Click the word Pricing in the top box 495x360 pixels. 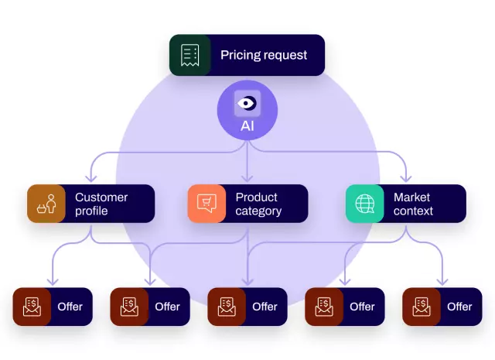pyautogui.click(x=239, y=55)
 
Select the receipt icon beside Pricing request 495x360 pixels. pyautogui.click(x=190, y=55)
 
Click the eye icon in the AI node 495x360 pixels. pyautogui.click(x=247, y=102)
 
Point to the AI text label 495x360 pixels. pyautogui.click(x=247, y=125)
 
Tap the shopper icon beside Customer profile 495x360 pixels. pyautogui.click(x=46, y=204)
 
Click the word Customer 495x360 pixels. pyautogui.click(x=101, y=197)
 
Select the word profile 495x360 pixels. pyautogui.click(x=91, y=211)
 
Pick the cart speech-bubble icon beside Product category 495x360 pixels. pyautogui.click(x=207, y=204)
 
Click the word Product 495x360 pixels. pyautogui.click(x=256, y=197)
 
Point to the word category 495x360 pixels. pyautogui.click(x=259, y=211)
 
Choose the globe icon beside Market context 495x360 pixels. pyautogui.click(x=364, y=204)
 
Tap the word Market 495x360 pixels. pyautogui.click(x=411, y=197)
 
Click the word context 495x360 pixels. pyautogui.click(x=413, y=211)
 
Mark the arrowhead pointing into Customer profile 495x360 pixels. pyautogui.click(x=91, y=180)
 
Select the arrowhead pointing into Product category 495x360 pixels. pyautogui.click(x=247, y=180)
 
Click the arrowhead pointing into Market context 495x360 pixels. pyautogui.click(x=405, y=180)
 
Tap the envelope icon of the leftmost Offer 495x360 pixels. pyautogui.click(x=32, y=307)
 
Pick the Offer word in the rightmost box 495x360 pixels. pyautogui.click(x=459, y=307)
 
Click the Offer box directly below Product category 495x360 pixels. pyautogui.click(x=247, y=307)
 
